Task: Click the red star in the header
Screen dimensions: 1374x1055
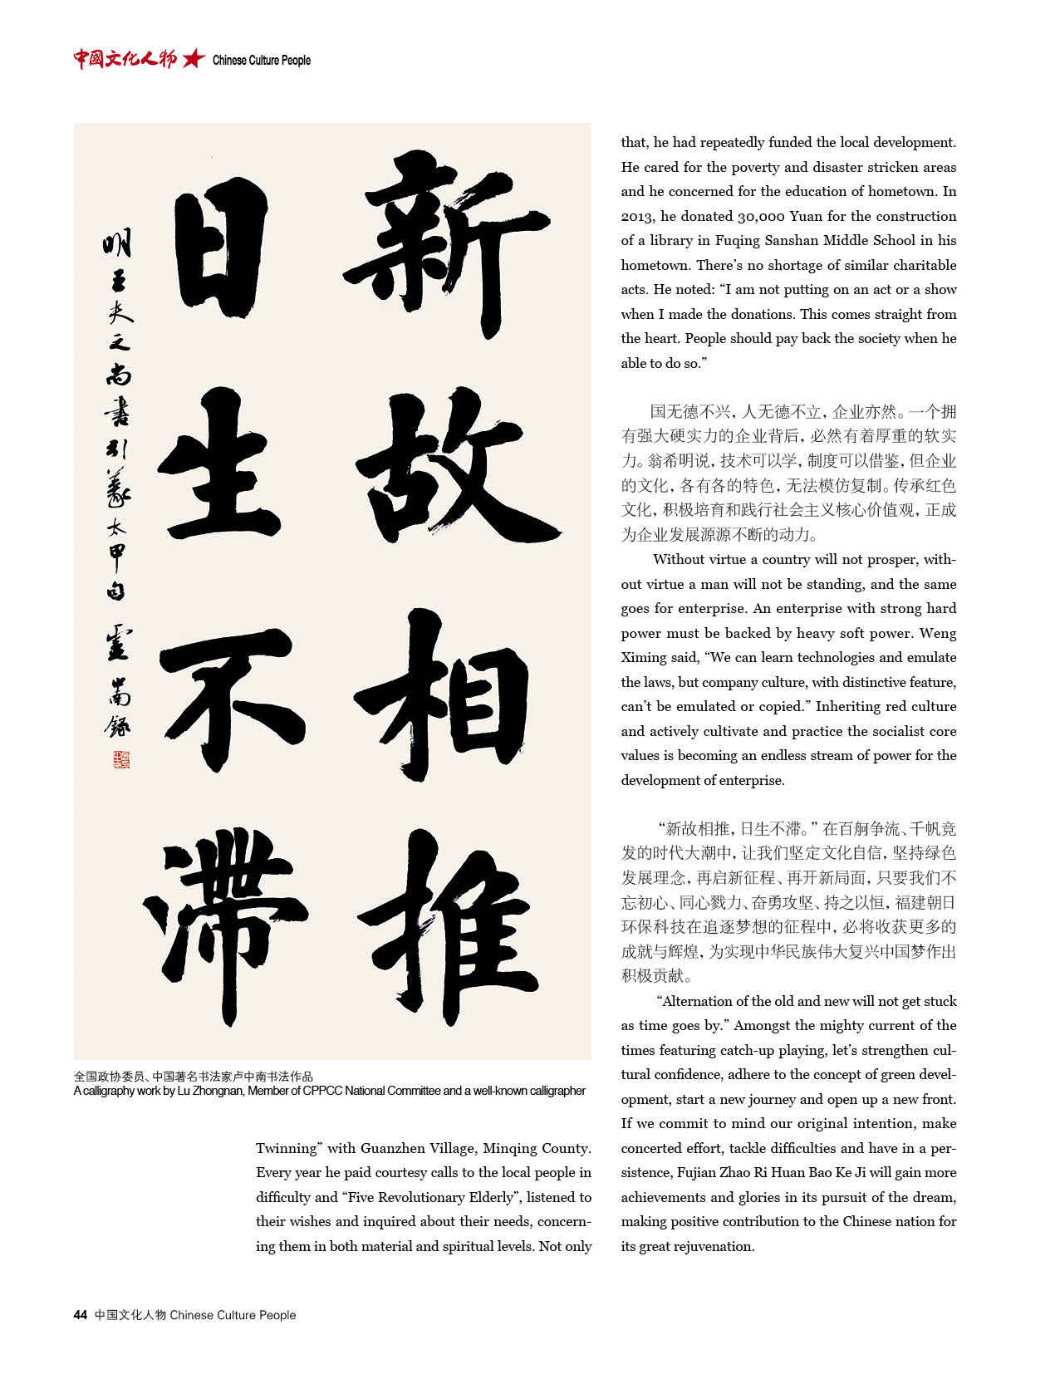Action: pos(194,58)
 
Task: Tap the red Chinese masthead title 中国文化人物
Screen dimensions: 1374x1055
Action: pos(125,58)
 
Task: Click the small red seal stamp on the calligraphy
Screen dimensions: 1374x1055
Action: pos(121,758)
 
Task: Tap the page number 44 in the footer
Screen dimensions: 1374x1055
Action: pos(81,1315)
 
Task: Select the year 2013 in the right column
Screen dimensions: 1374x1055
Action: pos(637,217)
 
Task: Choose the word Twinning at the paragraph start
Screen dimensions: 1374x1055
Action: pos(287,1149)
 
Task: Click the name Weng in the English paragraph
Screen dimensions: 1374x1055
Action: pos(938,634)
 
